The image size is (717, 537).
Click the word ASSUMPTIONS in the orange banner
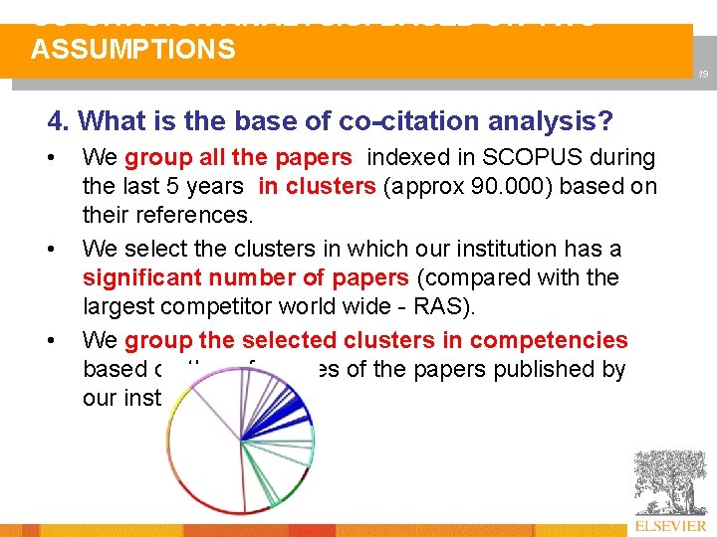(133, 50)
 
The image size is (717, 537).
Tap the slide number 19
(702, 75)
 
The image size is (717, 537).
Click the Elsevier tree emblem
(670, 483)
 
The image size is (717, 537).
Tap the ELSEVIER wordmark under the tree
(670, 526)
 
